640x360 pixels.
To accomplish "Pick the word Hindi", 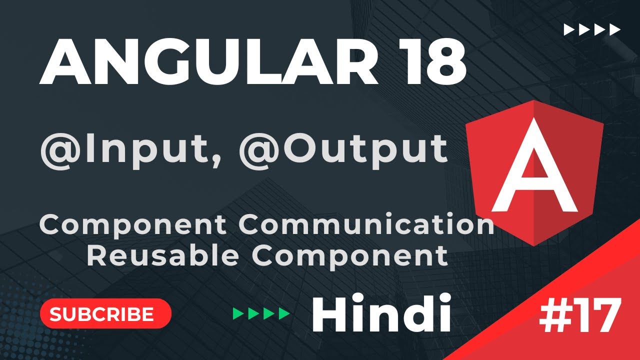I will point(381,314).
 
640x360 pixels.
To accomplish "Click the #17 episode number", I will point(580,316).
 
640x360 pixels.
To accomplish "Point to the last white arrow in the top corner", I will point(614,30).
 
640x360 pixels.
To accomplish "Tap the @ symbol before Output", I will point(260,149).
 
